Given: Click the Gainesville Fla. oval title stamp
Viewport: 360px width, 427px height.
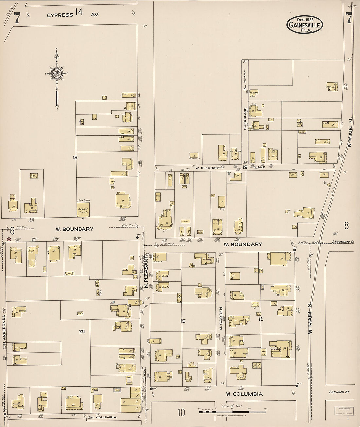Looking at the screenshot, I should coord(305,25).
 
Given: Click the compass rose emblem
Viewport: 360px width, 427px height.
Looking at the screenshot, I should coord(57,73).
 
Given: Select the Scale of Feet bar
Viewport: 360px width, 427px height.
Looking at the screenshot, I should coord(233,411).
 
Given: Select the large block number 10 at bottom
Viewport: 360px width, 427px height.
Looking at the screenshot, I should coord(181,413).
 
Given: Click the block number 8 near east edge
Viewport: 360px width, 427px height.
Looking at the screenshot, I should coord(346,225).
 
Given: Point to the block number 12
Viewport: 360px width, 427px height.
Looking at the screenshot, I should coord(261,319).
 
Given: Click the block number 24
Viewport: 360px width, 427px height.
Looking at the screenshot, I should coord(82,331).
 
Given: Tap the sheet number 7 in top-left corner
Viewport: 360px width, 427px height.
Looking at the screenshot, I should coord(16,19).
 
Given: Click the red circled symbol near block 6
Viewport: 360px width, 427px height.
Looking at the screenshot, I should coord(9,240).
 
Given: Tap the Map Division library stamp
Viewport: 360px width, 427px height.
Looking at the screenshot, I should coord(344,411).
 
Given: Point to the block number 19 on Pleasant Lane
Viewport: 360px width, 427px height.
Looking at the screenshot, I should coord(245,167).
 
